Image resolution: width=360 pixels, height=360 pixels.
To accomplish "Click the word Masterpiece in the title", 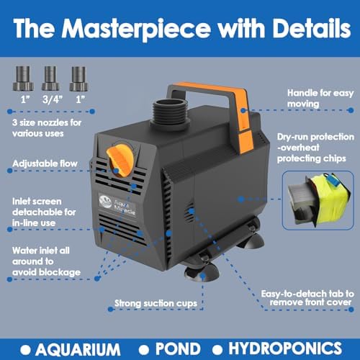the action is (x=136, y=30).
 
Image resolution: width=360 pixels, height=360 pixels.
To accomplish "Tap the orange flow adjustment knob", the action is (x=120, y=158).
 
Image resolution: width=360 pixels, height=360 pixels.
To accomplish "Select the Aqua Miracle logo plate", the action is (x=117, y=205).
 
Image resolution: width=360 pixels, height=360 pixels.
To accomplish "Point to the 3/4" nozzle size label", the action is (x=53, y=99).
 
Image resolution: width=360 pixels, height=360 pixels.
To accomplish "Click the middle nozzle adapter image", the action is (x=50, y=78).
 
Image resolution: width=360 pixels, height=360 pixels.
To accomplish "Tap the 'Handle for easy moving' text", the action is (x=320, y=98).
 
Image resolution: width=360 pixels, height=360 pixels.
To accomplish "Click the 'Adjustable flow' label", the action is (x=45, y=163).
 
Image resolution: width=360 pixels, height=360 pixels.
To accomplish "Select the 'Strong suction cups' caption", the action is (x=156, y=303).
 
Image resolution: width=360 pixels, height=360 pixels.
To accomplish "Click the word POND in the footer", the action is (x=178, y=348).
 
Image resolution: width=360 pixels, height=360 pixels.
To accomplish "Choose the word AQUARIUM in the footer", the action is (x=78, y=349).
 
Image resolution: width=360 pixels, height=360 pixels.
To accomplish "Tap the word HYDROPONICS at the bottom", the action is (x=285, y=348).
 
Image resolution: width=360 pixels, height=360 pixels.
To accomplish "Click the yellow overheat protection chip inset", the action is (x=318, y=200).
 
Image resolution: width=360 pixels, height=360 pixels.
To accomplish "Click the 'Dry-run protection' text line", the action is (x=315, y=137).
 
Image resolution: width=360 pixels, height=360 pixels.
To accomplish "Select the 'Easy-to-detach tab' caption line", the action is (x=307, y=294).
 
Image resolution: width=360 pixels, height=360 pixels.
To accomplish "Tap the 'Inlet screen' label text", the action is (x=37, y=202).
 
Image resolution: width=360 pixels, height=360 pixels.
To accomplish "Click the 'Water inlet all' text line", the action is (x=41, y=251).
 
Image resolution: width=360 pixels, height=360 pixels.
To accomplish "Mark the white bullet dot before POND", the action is (x=144, y=350).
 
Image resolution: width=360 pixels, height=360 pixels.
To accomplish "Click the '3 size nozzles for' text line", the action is (x=47, y=123).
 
